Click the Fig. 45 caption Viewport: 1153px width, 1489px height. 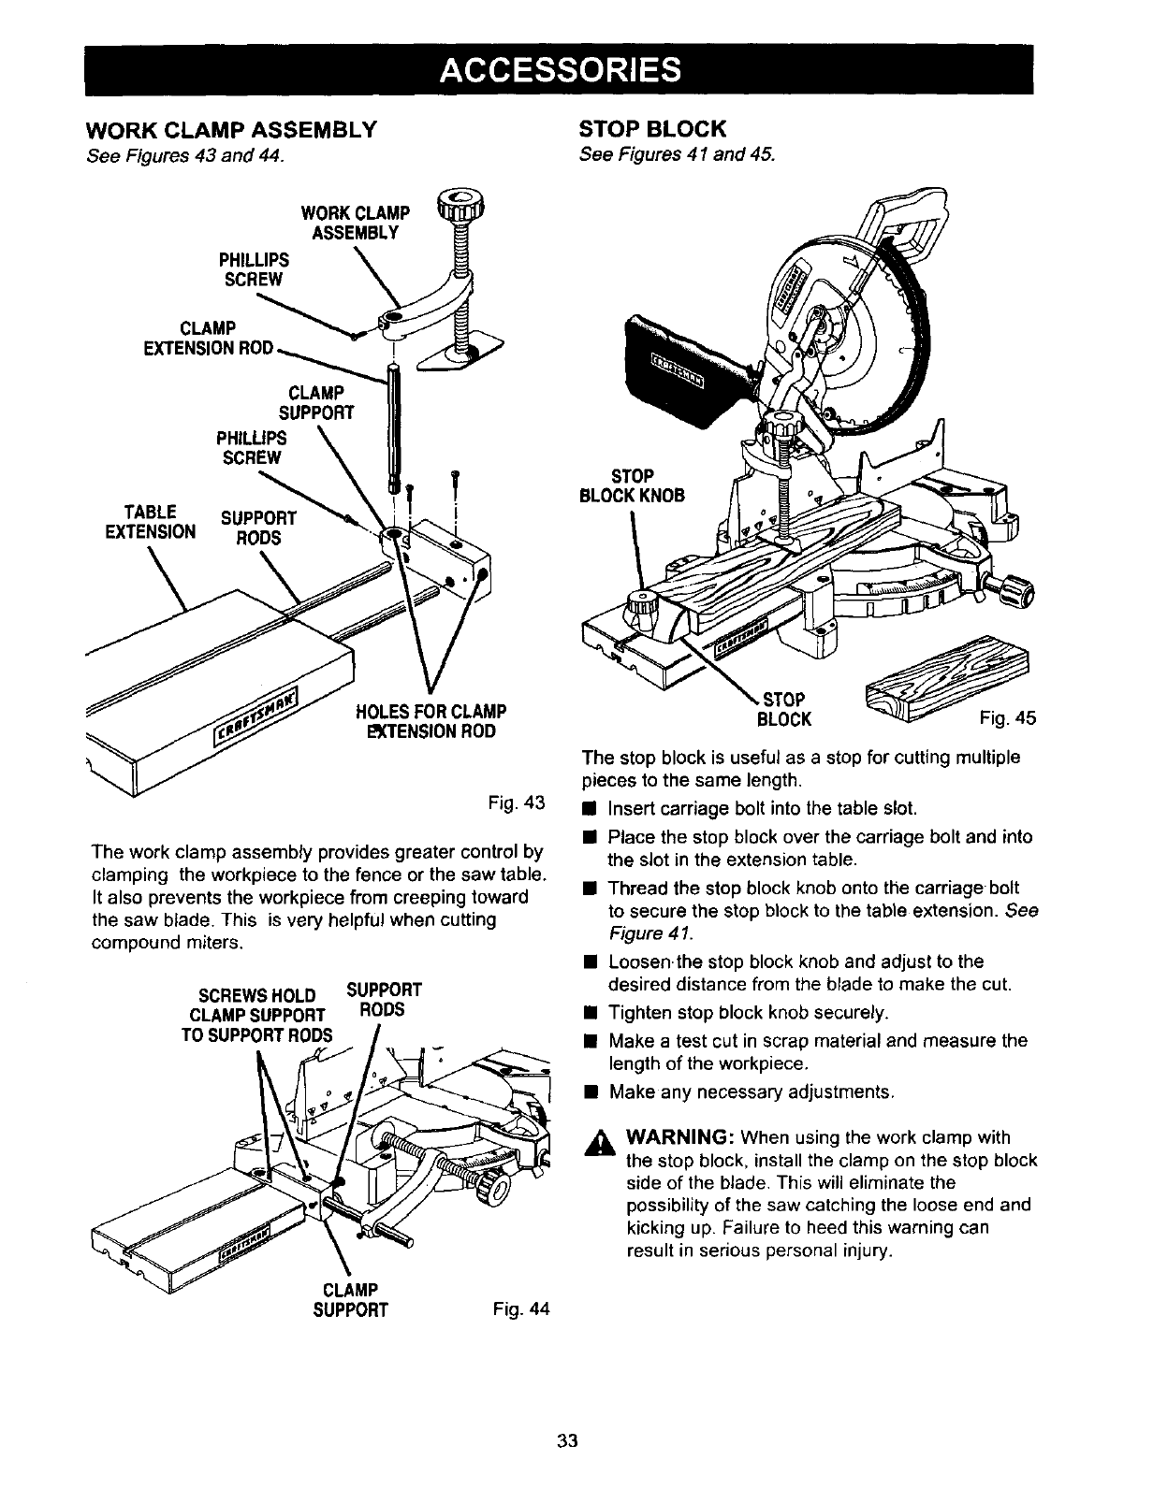(1008, 718)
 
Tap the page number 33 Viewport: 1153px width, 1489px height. (565, 1440)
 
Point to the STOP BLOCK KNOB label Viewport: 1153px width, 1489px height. (633, 484)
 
